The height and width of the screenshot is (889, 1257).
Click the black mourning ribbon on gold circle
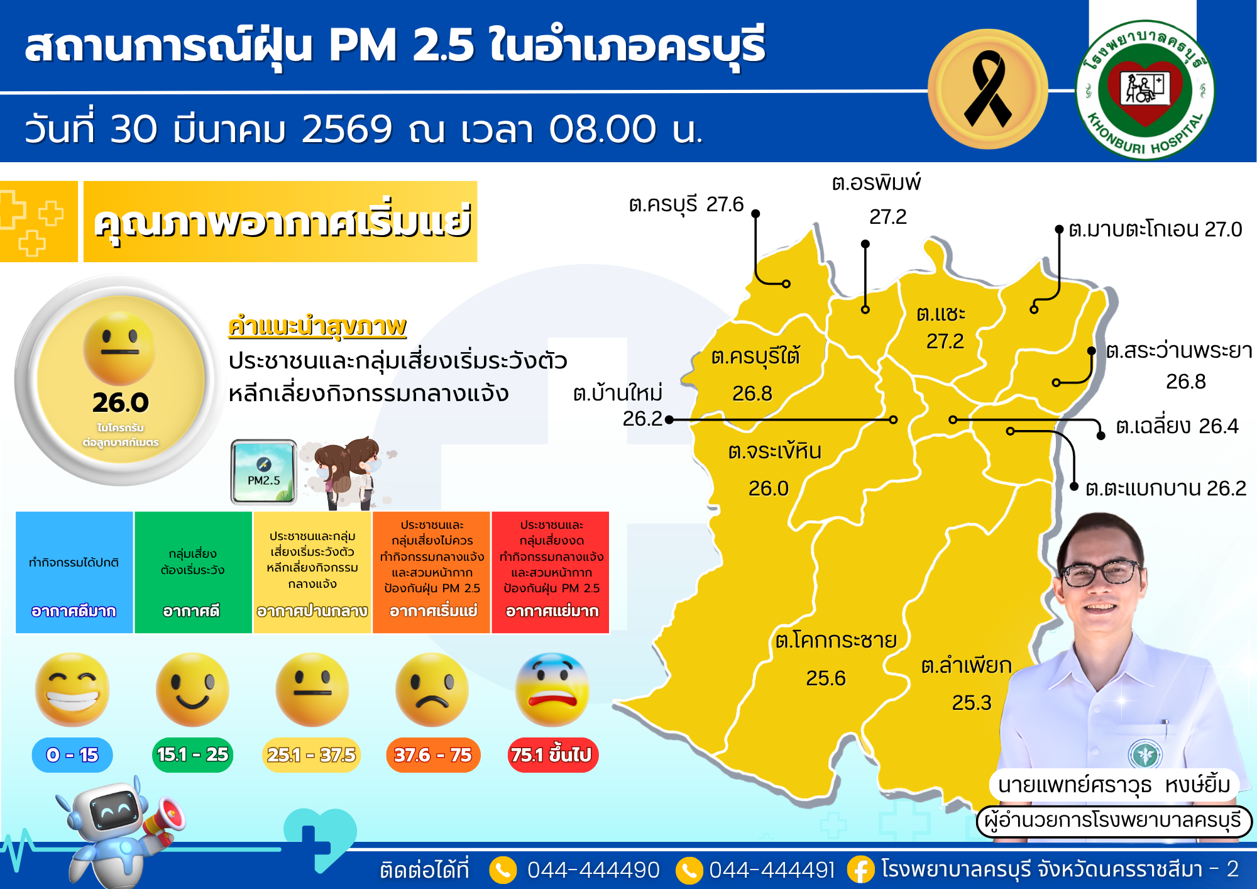pos(987,89)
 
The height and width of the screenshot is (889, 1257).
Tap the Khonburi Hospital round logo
pos(1145,90)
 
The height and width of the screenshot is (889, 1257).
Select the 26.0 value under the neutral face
pos(120,402)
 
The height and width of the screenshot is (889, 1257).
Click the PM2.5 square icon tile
pos(264,472)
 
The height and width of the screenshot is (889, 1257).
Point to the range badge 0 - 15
pos(72,754)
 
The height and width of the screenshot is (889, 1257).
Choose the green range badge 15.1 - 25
pos(192,754)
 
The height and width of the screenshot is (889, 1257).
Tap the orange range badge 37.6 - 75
pos(432,754)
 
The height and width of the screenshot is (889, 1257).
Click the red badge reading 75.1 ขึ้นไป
pos(552,754)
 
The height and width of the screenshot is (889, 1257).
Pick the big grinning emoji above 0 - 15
pos(72,690)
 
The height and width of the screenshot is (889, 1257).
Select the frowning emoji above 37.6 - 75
pos(432,690)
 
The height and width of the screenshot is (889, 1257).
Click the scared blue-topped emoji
pos(552,690)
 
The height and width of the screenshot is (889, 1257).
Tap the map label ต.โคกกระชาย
pos(835,641)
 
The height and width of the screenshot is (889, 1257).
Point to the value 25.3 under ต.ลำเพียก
pos(971,702)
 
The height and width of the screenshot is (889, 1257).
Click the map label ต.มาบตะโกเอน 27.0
pos(1155,229)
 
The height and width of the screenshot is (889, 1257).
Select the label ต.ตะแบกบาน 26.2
pos(1165,489)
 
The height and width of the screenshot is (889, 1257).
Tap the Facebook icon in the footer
pos(860,870)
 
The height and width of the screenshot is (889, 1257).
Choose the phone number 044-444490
pos(593,870)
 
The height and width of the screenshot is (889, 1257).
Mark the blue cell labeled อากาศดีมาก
pos(74,572)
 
